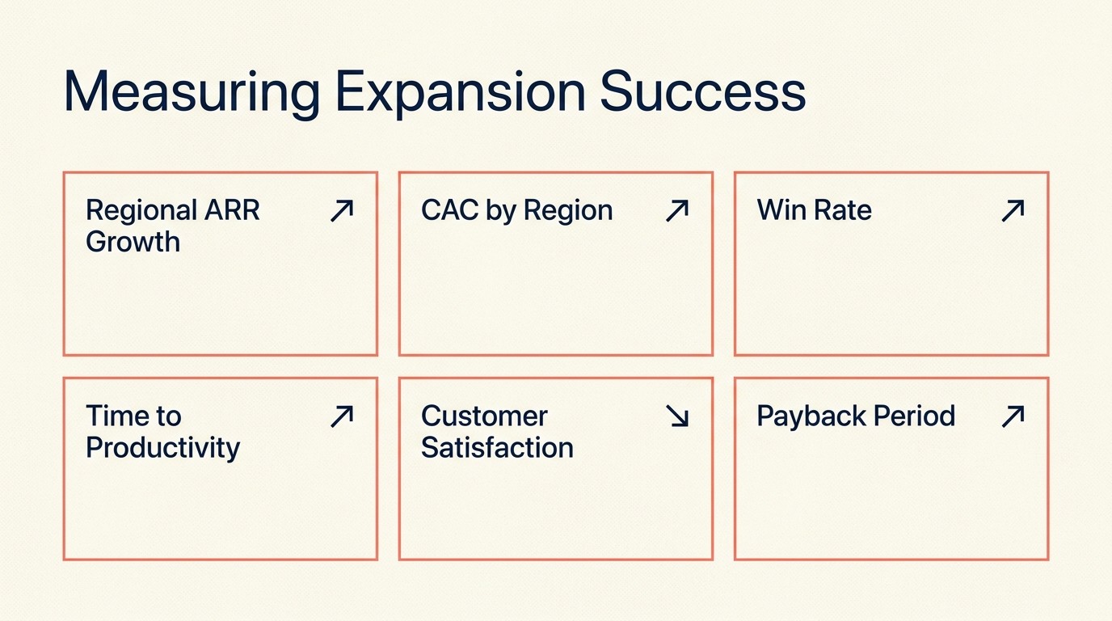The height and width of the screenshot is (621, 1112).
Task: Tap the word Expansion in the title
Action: point(460,93)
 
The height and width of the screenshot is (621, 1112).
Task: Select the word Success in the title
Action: point(703,93)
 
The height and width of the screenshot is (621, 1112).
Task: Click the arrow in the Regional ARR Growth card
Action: point(342,211)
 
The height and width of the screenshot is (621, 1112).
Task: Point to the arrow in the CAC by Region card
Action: point(676,211)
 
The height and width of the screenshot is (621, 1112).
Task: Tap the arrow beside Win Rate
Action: point(1013,211)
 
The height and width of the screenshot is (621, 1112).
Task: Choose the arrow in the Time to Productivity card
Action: point(342,416)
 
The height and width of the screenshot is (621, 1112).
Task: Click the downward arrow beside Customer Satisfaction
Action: point(676,416)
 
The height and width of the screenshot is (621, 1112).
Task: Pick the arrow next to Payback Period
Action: point(1013,416)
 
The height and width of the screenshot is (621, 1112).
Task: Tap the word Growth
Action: point(133,242)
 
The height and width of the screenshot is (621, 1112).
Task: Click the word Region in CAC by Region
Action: point(568,211)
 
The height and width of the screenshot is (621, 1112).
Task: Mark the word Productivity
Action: point(162,448)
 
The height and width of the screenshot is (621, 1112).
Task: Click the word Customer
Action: point(484,416)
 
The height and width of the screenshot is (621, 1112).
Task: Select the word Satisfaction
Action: point(497,447)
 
